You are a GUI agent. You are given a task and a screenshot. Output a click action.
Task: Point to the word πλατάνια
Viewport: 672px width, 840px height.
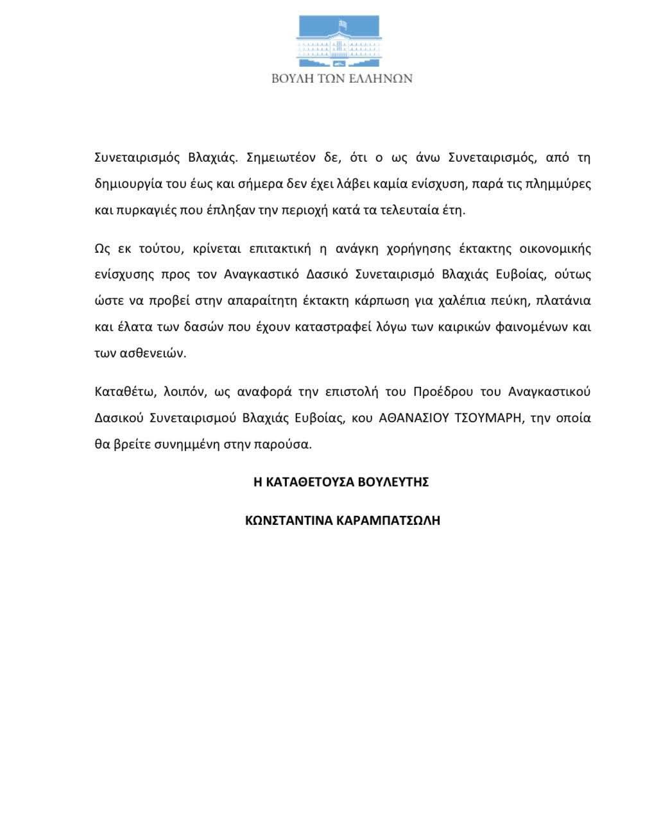coord(563,300)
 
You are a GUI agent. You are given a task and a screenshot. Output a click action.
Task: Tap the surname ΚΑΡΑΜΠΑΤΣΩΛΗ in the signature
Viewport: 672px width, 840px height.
coord(388,520)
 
